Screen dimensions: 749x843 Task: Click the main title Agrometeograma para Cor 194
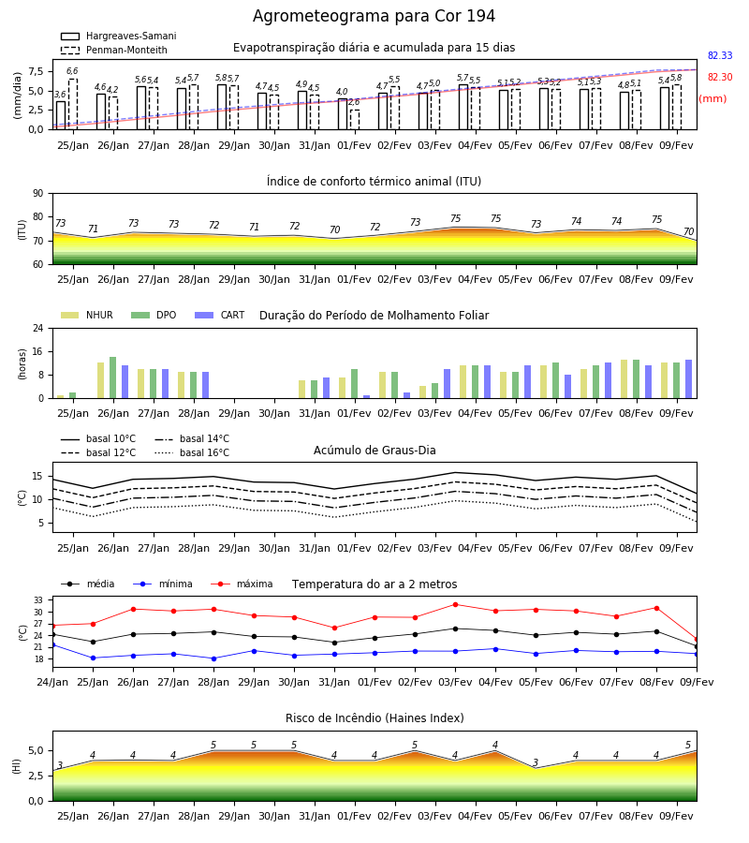pos(374,16)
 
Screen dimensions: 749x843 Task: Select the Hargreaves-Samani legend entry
pos(119,36)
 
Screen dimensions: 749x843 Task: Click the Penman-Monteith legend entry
pos(114,50)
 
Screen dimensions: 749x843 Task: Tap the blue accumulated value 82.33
pos(720,55)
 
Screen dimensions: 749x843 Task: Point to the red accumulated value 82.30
pos(720,77)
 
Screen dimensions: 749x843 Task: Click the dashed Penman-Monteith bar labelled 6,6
pos(72,104)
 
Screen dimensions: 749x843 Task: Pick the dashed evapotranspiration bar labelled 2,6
pos(355,119)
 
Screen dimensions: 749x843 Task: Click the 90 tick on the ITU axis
pos(38,194)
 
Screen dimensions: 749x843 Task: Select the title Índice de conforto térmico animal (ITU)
pos(374,181)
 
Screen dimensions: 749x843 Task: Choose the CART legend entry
pos(220,315)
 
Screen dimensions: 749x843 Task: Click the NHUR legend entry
pos(87,315)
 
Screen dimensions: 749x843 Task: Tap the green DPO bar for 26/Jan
pos(113,377)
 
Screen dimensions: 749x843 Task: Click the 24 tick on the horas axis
pos(38,328)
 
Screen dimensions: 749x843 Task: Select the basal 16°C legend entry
pos(192,452)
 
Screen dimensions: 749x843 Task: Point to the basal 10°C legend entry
pos(98,438)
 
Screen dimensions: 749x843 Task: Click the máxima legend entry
pos(242,584)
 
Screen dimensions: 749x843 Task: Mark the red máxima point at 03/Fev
pos(456,604)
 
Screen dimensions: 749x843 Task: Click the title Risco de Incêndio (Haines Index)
pos(374,718)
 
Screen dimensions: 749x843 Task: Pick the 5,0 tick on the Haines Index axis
pos(37,751)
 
